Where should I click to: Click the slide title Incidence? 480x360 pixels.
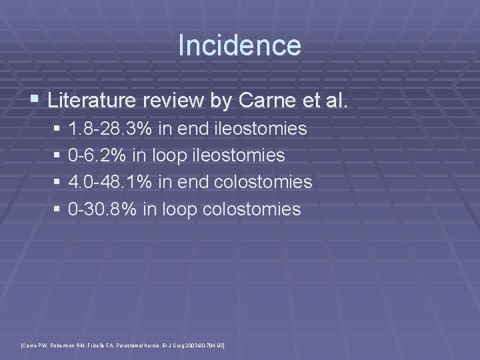(239, 46)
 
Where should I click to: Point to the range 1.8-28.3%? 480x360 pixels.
(110, 129)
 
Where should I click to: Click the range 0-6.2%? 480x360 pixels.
(99, 155)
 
